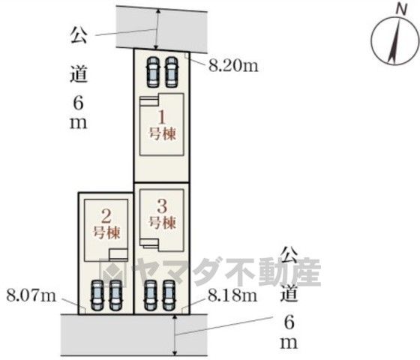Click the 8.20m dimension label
[233, 66]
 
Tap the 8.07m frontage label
[31, 296]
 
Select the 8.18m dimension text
[232, 296]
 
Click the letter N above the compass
[401, 10]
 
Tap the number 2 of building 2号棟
[106, 217]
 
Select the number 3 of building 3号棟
[162, 206]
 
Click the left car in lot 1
[153, 72]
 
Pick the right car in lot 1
[172, 72]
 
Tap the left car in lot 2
[97, 295]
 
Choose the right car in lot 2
[115, 295]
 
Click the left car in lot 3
[151, 295]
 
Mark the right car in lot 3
[169, 295]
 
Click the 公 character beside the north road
[79, 35]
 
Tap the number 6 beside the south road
[289, 322]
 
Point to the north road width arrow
[157, 29]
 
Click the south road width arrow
[175, 334]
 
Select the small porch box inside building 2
[118, 254]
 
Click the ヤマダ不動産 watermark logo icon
[112, 272]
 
